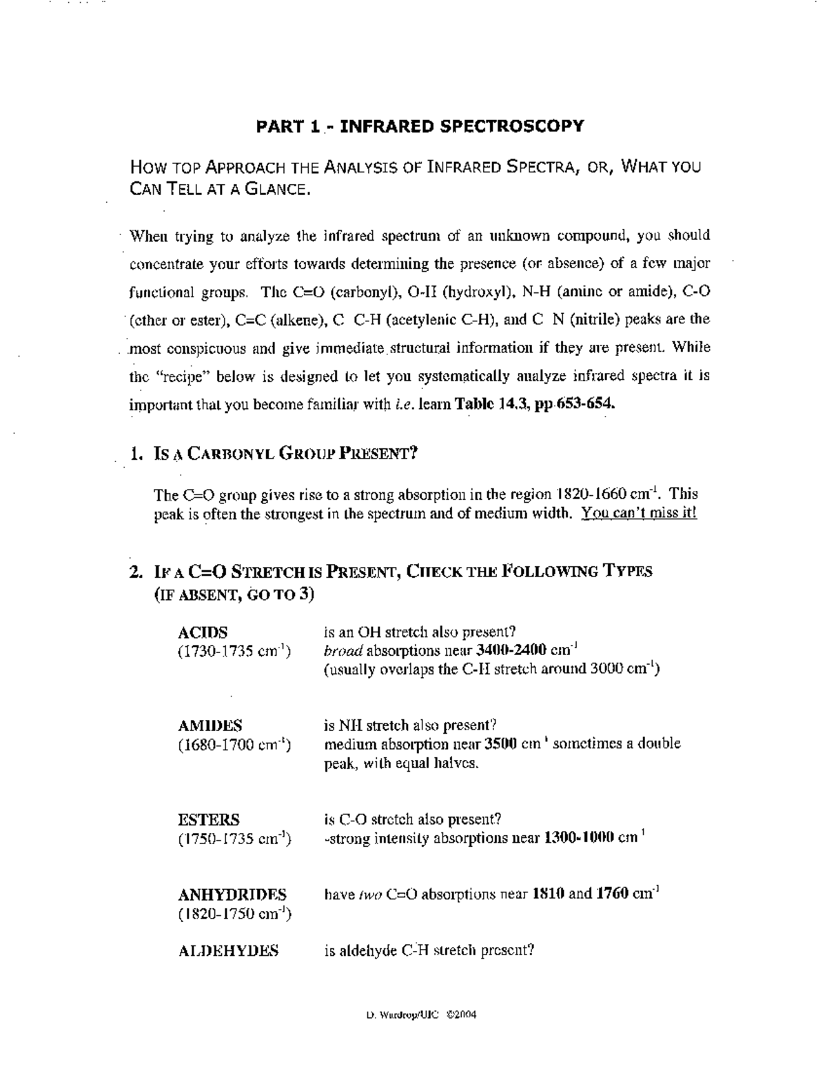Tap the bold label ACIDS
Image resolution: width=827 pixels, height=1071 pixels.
coord(203,632)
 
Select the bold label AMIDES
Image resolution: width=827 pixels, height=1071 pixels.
coord(210,725)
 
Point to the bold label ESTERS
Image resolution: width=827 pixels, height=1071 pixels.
coord(209,820)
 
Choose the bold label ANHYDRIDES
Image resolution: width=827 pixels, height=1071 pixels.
coord(232,894)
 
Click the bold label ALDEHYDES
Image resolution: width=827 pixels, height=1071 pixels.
coord(229,951)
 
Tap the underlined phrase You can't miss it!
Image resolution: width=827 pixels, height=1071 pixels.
coord(639,514)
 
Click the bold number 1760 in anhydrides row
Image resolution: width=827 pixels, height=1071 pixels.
coord(612,894)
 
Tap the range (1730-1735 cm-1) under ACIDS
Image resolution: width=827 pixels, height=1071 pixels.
coord(234,652)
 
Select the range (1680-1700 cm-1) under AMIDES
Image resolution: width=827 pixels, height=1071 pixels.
coord(234,745)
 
